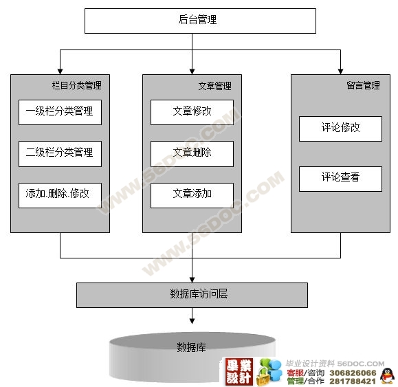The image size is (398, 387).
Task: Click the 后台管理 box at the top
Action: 200,21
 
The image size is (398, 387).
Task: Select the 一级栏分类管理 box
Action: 60,112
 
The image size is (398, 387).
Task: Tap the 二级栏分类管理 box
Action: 60,154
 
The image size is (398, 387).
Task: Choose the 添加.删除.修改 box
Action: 60,195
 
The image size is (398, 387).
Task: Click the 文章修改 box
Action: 192,112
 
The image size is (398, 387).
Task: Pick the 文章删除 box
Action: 192,154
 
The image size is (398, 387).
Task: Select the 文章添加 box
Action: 192,195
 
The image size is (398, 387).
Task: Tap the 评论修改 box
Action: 340,129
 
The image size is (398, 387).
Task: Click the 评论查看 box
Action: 340,179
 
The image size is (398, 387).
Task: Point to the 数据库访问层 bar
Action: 192,295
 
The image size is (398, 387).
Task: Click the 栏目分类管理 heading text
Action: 77,85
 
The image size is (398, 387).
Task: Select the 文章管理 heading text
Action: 214,86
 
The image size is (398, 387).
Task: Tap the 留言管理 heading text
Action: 363,85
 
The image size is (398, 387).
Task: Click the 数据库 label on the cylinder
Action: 191,347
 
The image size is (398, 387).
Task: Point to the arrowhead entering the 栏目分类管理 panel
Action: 60,71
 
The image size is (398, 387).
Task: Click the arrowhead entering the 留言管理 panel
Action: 340,71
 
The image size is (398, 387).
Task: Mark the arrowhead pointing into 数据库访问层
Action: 192,280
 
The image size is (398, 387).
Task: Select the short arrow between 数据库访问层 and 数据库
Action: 192,316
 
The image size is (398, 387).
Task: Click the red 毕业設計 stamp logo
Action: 239,372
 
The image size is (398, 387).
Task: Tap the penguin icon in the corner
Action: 387,375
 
